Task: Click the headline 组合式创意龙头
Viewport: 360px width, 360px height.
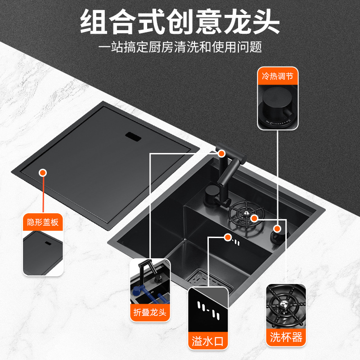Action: (180, 22)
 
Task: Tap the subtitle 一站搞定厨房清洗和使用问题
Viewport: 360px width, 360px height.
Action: (180, 47)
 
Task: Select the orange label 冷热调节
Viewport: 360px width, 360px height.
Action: (278, 76)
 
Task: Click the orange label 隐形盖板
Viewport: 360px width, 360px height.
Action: (43, 222)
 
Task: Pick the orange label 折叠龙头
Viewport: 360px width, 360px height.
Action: (150, 312)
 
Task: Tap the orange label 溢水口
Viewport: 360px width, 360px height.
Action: (208, 341)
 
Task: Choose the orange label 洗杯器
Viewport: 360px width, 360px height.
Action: (286, 337)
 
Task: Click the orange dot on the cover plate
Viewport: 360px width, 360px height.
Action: (43, 173)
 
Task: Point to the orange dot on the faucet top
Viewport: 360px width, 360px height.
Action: (221, 153)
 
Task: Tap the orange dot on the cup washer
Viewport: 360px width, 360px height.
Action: (254, 218)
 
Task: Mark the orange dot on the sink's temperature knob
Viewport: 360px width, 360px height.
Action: (277, 229)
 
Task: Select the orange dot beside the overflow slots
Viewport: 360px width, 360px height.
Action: (228, 238)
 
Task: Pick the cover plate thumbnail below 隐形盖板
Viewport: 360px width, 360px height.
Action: (43, 253)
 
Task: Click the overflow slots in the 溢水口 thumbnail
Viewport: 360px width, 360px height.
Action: (208, 310)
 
